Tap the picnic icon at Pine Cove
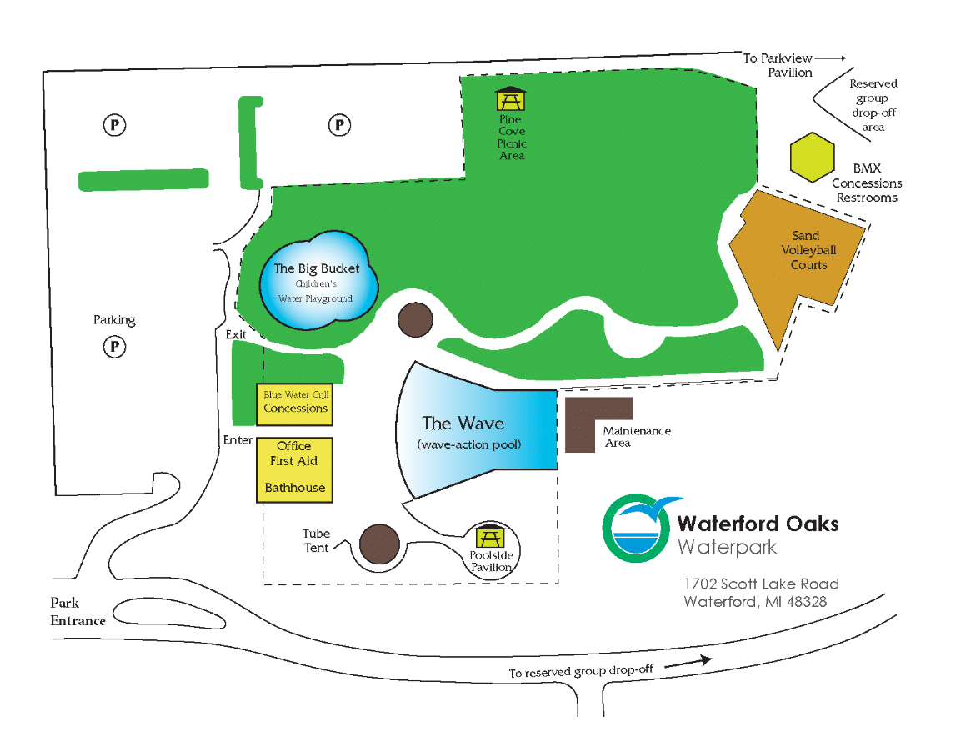(510, 98)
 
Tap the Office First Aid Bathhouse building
(294, 469)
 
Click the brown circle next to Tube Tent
(378, 544)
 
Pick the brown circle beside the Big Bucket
(414, 319)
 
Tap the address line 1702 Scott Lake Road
(761, 584)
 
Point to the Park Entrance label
(78, 611)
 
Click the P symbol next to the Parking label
(114, 345)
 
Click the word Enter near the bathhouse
(238, 439)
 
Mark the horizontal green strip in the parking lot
(143, 179)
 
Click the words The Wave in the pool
(463, 423)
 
